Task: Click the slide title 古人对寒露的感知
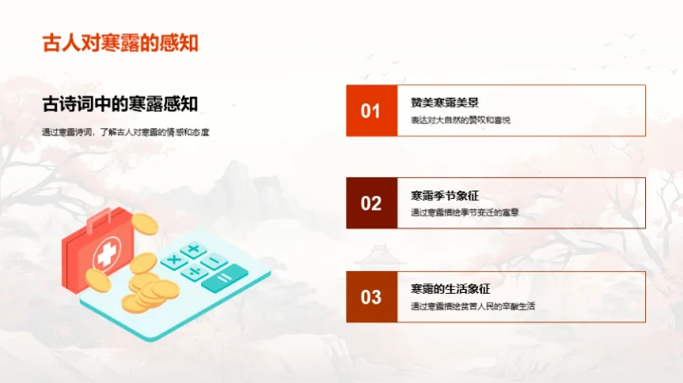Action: tap(120, 43)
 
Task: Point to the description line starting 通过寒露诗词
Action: tap(125, 131)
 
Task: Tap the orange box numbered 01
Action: tap(371, 110)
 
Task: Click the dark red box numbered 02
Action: tap(371, 203)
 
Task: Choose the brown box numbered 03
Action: tap(371, 297)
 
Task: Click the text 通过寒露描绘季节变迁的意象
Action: tap(465, 213)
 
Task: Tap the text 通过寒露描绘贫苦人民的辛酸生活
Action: tap(473, 306)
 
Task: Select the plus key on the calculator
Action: tap(194, 249)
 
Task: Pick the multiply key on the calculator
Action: tap(174, 258)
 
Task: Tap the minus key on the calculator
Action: tap(214, 260)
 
